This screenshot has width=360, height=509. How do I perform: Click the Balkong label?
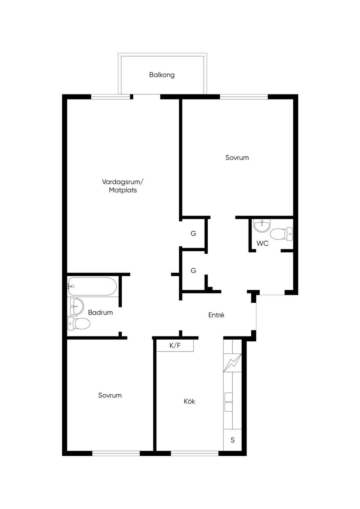(162, 75)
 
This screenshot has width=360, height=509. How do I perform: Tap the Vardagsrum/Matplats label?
(123, 186)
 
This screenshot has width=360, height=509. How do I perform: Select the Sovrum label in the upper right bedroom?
(237, 157)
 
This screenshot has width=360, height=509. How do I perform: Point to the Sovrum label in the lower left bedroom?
(110, 395)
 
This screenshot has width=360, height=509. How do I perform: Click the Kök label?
(189, 401)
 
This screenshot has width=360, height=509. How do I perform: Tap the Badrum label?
(101, 313)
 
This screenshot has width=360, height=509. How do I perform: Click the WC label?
(263, 243)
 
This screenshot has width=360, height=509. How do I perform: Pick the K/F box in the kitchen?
(175, 346)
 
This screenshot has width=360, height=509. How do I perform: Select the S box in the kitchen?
(232, 440)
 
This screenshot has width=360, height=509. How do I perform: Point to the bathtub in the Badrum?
(92, 286)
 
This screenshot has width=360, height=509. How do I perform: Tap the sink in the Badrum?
(76, 306)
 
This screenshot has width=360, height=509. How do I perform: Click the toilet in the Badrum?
(79, 324)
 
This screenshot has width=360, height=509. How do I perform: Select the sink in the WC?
(262, 225)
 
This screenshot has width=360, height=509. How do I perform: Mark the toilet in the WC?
(281, 234)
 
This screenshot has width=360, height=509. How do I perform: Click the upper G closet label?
(193, 233)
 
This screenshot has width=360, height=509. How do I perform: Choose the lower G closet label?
(193, 270)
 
